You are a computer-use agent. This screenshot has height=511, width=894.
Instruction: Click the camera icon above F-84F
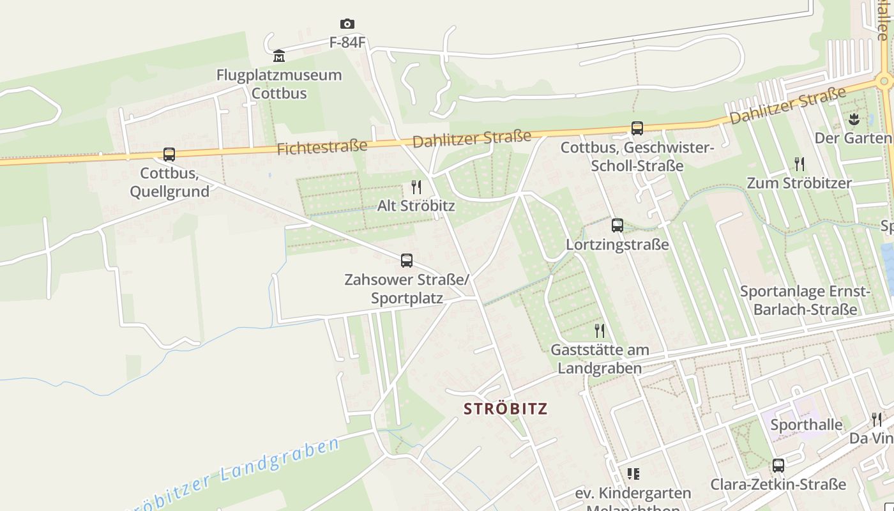tap(347, 24)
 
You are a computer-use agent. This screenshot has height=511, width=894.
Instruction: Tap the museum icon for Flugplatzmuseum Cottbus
tap(279, 56)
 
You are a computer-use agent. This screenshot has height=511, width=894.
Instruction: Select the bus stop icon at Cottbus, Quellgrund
tap(169, 155)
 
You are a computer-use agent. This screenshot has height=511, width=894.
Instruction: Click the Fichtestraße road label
tap(322, 148)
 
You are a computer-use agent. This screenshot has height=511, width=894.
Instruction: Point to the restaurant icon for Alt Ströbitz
tap(416, 187)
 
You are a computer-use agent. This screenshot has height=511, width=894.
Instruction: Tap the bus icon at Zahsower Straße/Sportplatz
tap(407, 261)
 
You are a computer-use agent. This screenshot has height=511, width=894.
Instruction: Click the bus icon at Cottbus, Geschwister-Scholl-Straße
tap(637, 128)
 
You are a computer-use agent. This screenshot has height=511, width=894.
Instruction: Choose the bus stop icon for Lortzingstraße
tap(617, 225)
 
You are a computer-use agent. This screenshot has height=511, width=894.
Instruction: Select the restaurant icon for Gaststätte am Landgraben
tap(600, 331)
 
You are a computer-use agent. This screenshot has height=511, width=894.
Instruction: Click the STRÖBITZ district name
tap(506, 409)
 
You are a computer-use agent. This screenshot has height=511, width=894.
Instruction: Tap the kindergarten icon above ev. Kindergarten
tap(633, 474)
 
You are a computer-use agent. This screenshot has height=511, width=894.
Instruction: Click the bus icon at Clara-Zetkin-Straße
tap(778, 466)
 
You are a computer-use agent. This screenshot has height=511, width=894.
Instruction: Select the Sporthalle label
tap(807, 425)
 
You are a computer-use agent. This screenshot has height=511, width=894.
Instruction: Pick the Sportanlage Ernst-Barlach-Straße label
tap(805, 300)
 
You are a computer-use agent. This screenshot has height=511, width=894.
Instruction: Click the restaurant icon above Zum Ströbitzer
tap(799, 164)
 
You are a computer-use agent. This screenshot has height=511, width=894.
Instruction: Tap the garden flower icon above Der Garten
tap(854, 119)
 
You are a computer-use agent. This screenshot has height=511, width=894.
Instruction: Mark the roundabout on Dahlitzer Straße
tap(884, 82)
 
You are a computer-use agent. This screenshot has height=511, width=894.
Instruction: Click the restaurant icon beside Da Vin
tap(877, 420)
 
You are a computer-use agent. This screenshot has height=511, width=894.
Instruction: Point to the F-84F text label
tap(347, 43)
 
